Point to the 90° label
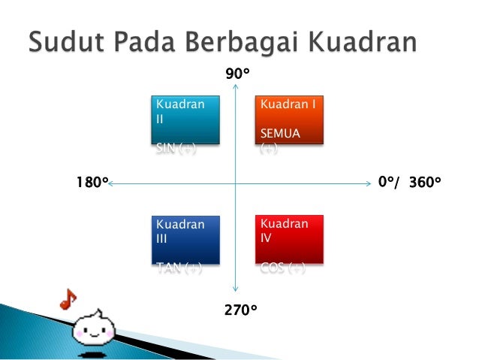[x=237, y=74]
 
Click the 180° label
[x=92, y=183]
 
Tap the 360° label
[x=425, y=183]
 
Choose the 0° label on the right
[x=386, y=183]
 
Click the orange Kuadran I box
[x=290, y=119]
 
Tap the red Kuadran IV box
[x=290, y=240]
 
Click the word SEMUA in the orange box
[x=279, y=133]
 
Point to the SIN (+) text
[x=176, y=149]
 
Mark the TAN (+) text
[x=178, y=269]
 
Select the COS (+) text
[x=282, y=269]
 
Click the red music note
[x=68, y=298]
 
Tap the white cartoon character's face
[x=96, y=328]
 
